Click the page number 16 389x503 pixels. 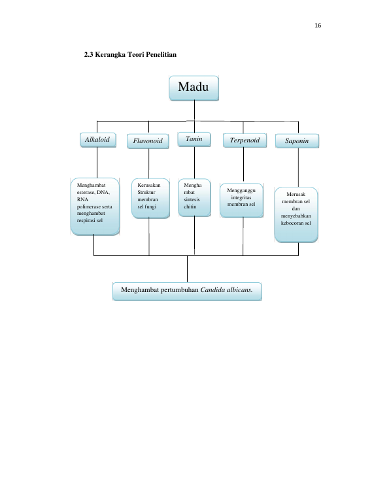318,25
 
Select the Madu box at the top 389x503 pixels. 194,88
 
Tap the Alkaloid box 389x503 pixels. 98,140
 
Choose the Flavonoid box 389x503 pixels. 148,141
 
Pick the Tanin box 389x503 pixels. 194,139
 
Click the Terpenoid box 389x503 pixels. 245,140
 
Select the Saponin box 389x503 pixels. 297,141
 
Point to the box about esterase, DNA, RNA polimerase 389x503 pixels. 95,206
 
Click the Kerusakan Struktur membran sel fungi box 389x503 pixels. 150,198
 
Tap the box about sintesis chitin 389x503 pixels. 195,197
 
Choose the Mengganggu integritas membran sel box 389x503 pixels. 242,201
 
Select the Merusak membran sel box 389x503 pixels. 296,215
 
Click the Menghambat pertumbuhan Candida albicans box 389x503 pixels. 187,291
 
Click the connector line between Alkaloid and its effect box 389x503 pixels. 97,163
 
